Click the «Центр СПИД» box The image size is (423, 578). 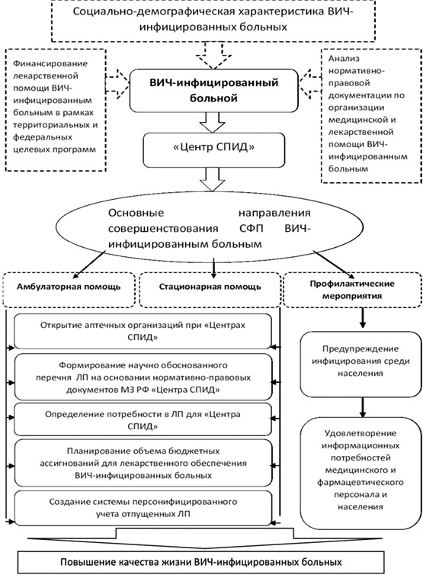[x=214, y=150]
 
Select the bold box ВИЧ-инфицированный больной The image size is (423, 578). [x=213, y=91]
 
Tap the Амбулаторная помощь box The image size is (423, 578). [x=69, y=290]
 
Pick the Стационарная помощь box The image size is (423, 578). [x=210, y=290]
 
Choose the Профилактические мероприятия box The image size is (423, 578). [x=352, y=290]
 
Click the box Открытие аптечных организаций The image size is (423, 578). [x=143, y=332]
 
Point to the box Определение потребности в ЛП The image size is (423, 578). [x=143, y=420]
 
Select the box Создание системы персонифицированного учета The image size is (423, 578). [x=143, y=508]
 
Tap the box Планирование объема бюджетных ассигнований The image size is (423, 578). [x=143, y=463]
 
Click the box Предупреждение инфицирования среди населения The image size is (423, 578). [x=361, y=364]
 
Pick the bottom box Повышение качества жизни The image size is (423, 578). [x=201, y=563]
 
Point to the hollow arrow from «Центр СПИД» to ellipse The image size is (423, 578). [x=212, y=179]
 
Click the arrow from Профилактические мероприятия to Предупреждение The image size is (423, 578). [x=363, y=318]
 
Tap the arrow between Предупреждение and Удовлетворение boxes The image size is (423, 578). [x=363, y=407]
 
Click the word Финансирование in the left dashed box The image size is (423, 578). [x=50, y=63]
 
